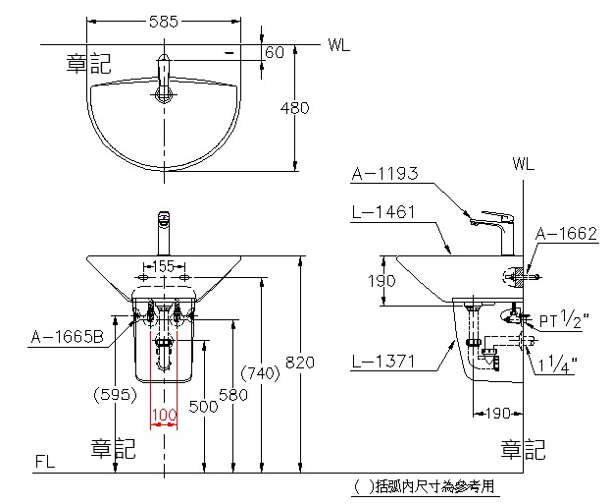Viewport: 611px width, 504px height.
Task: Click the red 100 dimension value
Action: tap(164, 415)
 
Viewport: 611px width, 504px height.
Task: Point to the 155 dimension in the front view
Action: tap(163, 266)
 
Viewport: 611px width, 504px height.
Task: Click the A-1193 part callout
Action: tap(384, 174)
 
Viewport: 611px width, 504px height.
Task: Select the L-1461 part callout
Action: tap(384, 210)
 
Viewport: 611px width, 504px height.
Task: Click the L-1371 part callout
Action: tap(384, 363)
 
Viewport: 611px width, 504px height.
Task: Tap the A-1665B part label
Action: tap(68, 338)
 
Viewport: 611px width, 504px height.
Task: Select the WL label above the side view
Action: tap(523, 164)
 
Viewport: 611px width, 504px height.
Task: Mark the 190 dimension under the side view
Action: tap(497, 413)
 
